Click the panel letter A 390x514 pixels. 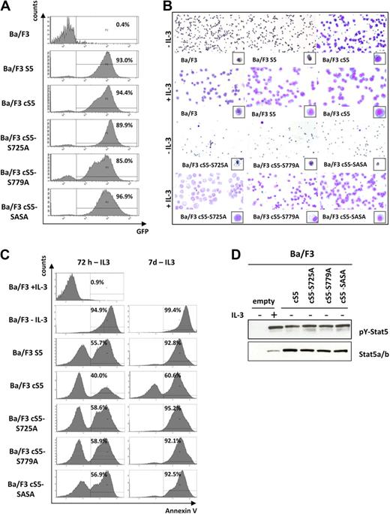(7, 7)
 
